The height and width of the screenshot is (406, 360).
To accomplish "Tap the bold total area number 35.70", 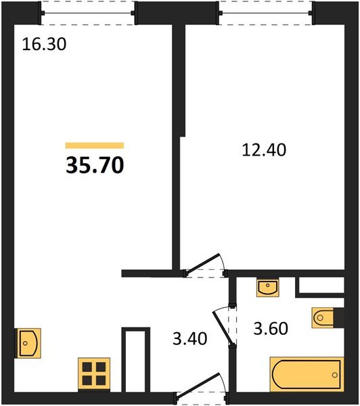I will pos(95,164).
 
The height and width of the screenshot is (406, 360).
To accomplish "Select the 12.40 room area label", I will pos(265,149).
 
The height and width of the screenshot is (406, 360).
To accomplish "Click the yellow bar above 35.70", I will pos(95,145).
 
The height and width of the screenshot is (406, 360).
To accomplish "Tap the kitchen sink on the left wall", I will pos(28,342).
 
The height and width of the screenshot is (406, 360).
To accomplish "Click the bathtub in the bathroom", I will pos(305,373).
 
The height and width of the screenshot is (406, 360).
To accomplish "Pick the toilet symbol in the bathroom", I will pos(323,317).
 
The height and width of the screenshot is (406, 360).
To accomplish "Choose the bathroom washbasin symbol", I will pos(267,288).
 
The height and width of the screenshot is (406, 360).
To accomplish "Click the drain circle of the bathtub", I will pos(336,373).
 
